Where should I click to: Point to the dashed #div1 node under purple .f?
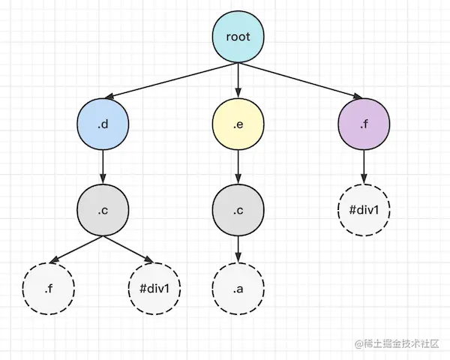pos(364,209)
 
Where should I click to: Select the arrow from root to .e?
pos(238,79)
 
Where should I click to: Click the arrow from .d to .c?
pos(103,166)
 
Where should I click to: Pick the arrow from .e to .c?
pos(238,166)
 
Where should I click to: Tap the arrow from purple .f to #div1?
pos(364,166)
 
